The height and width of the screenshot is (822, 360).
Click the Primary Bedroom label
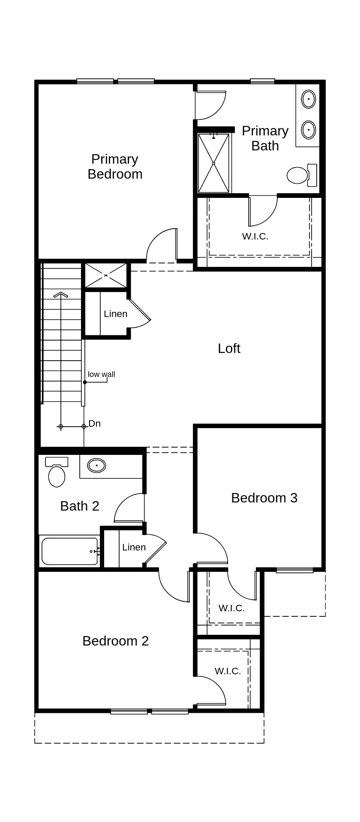point(115,167)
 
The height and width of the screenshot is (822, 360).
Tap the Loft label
point(229,348)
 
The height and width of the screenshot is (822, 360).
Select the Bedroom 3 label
point(264,498)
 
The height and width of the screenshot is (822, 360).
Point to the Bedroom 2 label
point(115,641)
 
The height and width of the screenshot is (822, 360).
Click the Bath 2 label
point(80,506)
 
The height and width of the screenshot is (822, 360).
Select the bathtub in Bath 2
point(70,551)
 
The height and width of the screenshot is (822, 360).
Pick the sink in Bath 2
point(96,465)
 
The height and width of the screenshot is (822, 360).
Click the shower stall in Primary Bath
point(213,163)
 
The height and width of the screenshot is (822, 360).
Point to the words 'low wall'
point(102,374)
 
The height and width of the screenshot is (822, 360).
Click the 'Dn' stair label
point(95,424)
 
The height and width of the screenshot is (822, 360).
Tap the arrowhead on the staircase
point(61,295)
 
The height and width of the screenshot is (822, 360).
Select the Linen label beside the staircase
point(115,314)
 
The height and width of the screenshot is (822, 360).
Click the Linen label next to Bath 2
point(134,547)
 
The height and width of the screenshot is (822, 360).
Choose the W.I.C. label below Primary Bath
point(255,236)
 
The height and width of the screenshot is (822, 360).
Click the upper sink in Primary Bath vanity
point(308,99)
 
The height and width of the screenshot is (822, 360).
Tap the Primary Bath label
point(265,138)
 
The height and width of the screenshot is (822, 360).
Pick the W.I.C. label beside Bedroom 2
point(228,671)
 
